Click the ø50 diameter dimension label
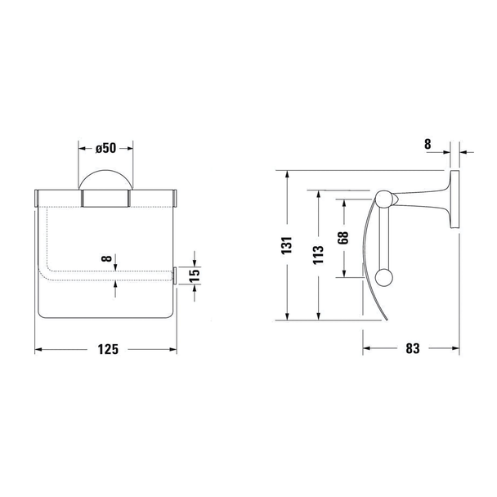(x=106, y=148)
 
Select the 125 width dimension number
(x=108, y=349)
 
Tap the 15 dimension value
(x=195, y=275)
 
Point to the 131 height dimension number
(x=287, y=245)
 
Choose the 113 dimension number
(x=318, y=254)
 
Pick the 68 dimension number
(x=343, y=238)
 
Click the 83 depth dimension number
(x=413, y=348)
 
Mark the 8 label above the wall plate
(x=428, y=144)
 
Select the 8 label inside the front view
(x=107, y=258)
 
